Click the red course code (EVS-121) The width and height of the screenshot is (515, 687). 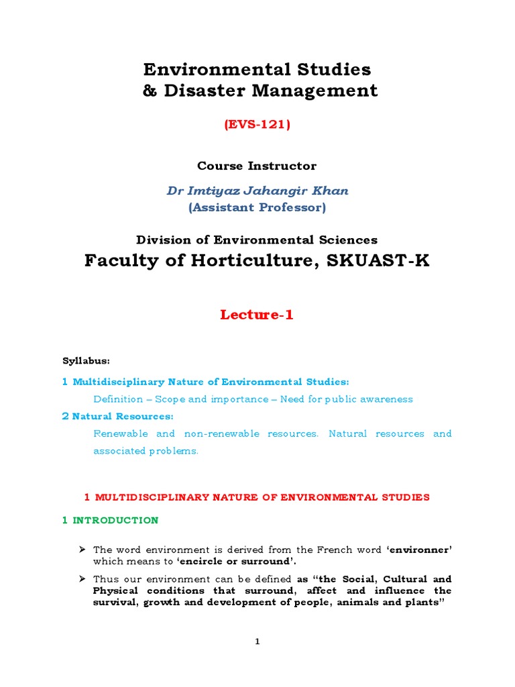pyautogui.click(x=257, y=125)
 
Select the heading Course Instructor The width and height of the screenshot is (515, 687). pyautogui.click(x=257, y=166)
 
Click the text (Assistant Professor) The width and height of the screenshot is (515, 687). pyautogui.click(x=257, y=208)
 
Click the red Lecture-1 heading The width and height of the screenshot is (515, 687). pyautogui.click(x=257, y=315)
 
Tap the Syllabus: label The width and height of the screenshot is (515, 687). pyautogui.click(x=87, y=362)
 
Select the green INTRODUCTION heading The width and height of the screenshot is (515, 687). pyautogui.click(x=115, y=521)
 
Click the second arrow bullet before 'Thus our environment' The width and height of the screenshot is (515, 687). pyautogui.click(x=82, y=579)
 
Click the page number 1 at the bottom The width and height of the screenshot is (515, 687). pyautogui.click(x=257, y=642)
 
